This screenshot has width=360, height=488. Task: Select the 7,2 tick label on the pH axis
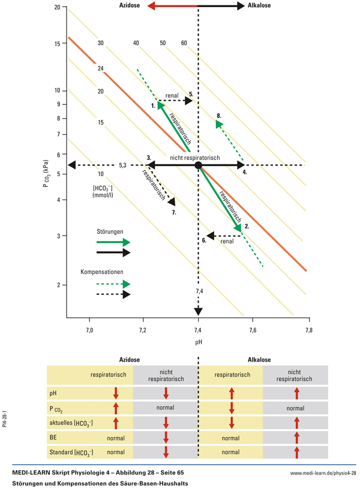click(143, 330)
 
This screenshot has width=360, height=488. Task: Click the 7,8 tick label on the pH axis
click(308, 330)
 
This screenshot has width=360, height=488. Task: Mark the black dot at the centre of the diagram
click(199, 165)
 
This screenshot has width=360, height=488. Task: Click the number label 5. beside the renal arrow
click(191, 94)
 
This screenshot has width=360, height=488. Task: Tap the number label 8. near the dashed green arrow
click(220, 115)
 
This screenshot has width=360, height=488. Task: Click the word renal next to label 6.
click(227, 242)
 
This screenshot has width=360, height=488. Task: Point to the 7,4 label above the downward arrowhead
click(199, 291)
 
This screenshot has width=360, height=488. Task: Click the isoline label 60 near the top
click(184, 43)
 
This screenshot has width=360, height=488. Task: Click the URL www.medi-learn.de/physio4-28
click(323, 473)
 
